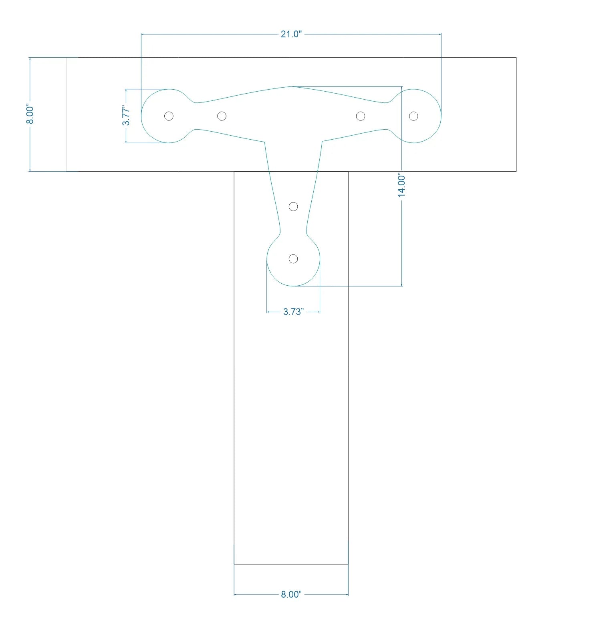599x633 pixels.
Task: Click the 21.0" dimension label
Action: tap(291, 34)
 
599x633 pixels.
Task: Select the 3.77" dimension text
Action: tap(126, 116)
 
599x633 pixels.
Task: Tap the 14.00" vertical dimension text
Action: tap(401, 185)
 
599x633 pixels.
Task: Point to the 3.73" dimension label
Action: tap(293, 312)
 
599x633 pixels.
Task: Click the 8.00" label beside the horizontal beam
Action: tap(30, 114)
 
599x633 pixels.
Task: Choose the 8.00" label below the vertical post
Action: tap(291, 594)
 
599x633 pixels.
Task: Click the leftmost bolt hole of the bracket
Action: tap(169, 116)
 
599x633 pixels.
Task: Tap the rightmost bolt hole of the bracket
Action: tap(413, 116)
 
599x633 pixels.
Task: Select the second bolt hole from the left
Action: tap(222, 116)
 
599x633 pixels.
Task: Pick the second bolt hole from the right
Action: tap(361, 116)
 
